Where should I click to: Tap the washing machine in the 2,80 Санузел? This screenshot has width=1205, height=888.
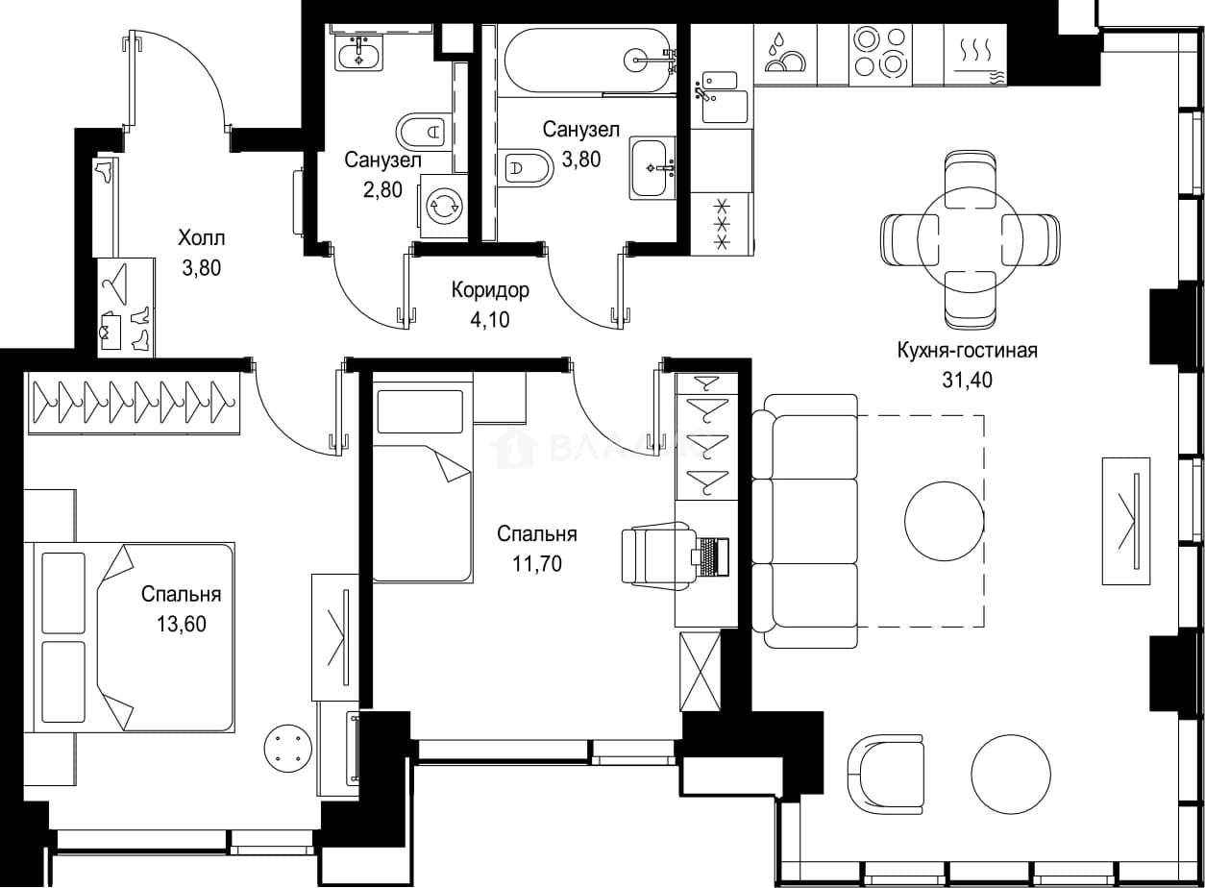click(x=444, y=205)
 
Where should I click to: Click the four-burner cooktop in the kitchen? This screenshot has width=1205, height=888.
click(x=880, y=52)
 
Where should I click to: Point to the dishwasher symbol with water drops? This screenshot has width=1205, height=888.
click(x=785, y=54)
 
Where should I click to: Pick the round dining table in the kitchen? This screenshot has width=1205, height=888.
click(x=970, y=238)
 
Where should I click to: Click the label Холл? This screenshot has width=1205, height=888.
click(x=202, y=237)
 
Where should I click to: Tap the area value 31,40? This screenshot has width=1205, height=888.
click(x=968, y=380)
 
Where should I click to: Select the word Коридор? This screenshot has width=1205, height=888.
click(x=490, y=290)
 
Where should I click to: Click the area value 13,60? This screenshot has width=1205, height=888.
click(x=182, y=624)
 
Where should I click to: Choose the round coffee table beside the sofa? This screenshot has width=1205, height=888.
click(x=944, y=521)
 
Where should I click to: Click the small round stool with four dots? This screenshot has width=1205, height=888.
click(x=288, y=748)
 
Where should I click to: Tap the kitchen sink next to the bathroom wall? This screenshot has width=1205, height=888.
click(x=721, y=97)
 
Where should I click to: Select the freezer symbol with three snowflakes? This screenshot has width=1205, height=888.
click(x=722, y=224)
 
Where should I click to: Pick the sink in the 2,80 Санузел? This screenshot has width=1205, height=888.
click(x=359, y=54)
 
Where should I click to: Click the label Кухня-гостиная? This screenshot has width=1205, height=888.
click(x=968, y=351)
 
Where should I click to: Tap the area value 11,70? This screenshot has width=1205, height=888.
click(x=537, y=564)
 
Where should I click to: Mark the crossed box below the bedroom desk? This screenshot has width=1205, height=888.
click(x=700, y=672)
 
